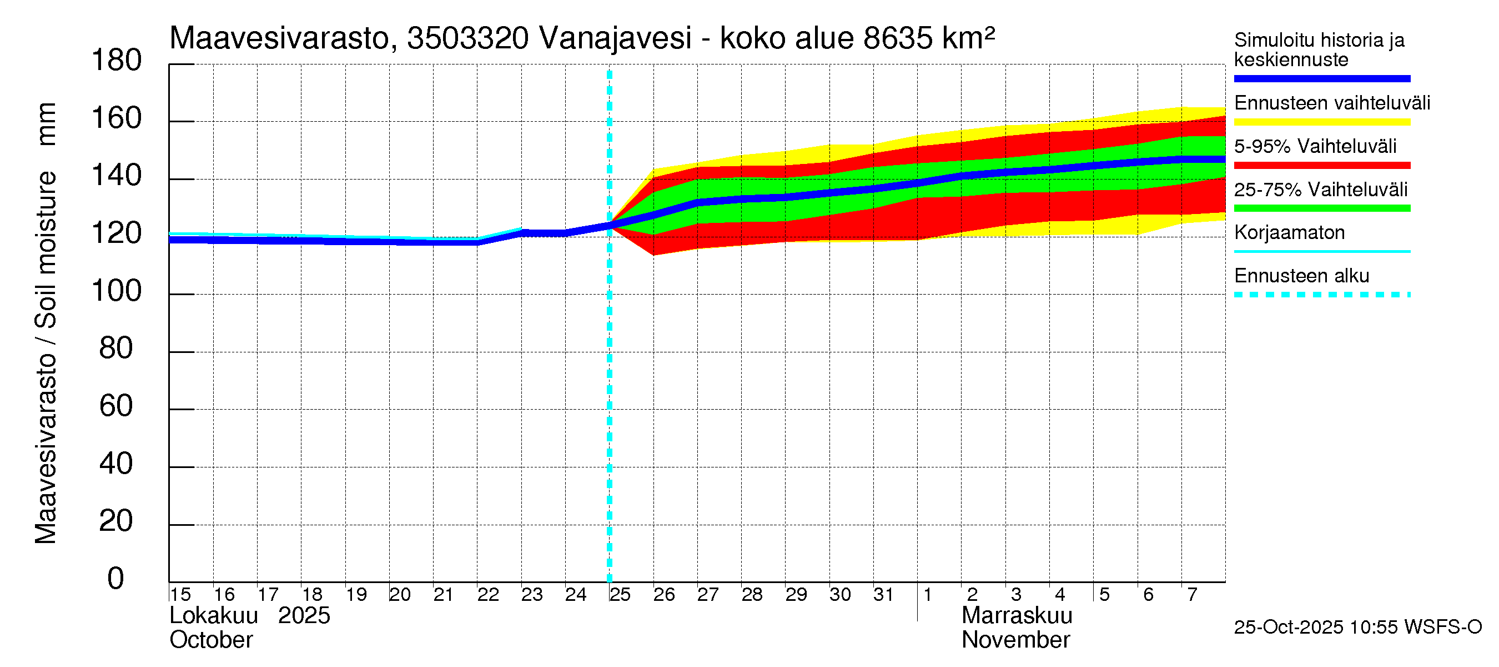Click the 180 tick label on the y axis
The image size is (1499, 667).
[117, 61]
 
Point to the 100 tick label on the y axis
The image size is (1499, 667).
[117, 291]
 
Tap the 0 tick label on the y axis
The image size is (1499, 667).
[116, 579]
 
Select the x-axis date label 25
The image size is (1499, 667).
[620, 595]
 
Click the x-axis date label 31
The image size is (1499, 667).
[883, 595]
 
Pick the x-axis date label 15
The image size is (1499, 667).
[180, 595]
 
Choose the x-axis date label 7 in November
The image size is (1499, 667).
[1193, 595]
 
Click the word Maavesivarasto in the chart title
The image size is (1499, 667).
[279, 38]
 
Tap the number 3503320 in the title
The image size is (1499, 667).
[468, 38]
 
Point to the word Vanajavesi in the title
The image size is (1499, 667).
[615, 38]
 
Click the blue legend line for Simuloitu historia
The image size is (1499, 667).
[1321, 78]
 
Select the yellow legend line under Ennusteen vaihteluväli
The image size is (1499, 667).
[1321, 122]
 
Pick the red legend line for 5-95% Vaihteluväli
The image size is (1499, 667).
[1321, 166]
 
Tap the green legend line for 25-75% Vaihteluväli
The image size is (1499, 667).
[1321, 208]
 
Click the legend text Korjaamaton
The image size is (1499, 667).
[1289, 233]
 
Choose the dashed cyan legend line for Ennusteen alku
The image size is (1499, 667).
[1321, 295]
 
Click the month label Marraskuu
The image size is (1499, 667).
[1017, 616]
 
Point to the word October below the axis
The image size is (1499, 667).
[211, 640]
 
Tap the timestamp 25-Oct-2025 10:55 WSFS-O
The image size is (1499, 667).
[1357, 628]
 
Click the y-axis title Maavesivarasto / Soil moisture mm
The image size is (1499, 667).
[47, 323]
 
